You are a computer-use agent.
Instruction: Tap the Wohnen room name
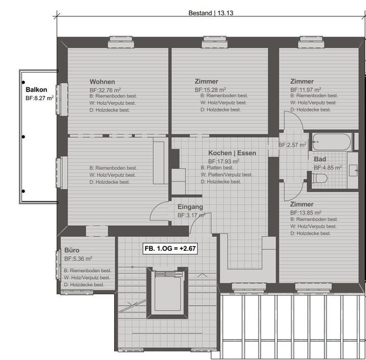click(x=102, y=81)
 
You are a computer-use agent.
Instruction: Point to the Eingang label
click(x=190, y=207)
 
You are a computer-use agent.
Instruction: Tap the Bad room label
click(x=320, y=159)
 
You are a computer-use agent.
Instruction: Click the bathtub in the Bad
click(x=331, y=142)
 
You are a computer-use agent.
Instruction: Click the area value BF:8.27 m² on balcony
click(x=40, y=97)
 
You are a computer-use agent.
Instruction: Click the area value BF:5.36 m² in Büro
click(x=79, y=259)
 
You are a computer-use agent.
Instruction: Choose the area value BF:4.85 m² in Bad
click(x=328, y=167)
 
